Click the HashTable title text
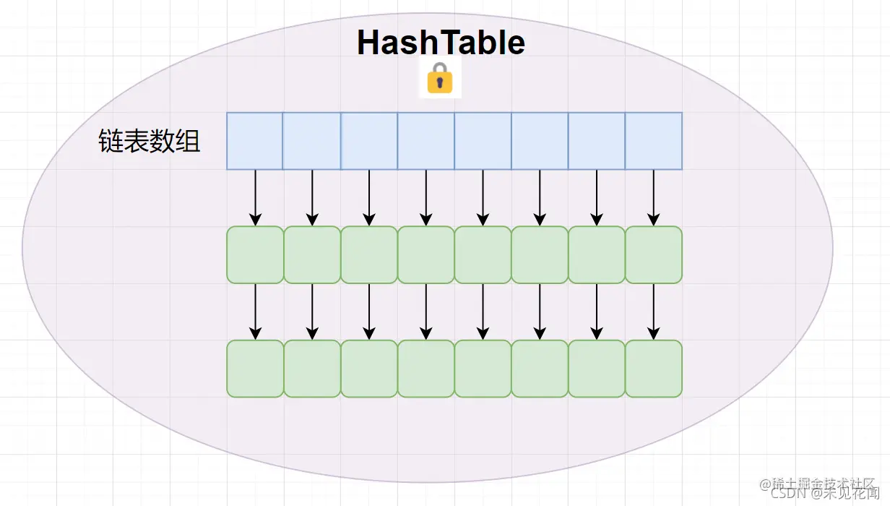(441, 43)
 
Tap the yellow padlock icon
(439, 78)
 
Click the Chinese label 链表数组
(149, 142)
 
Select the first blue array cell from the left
(254, 141)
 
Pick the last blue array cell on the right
(653, 141)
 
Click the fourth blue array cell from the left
(425, 141)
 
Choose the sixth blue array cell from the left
(540, 141)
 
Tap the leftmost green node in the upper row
(255, 254)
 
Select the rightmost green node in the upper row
(653, 254)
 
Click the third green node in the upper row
(369, 254)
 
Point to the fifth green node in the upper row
(483, 254)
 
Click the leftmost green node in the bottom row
(255, 369)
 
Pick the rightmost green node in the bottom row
(653, 369)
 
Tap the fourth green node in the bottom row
(425, 369)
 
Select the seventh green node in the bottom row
(597, 369)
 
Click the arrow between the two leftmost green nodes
(255, 312)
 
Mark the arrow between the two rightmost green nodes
(653, 312)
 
